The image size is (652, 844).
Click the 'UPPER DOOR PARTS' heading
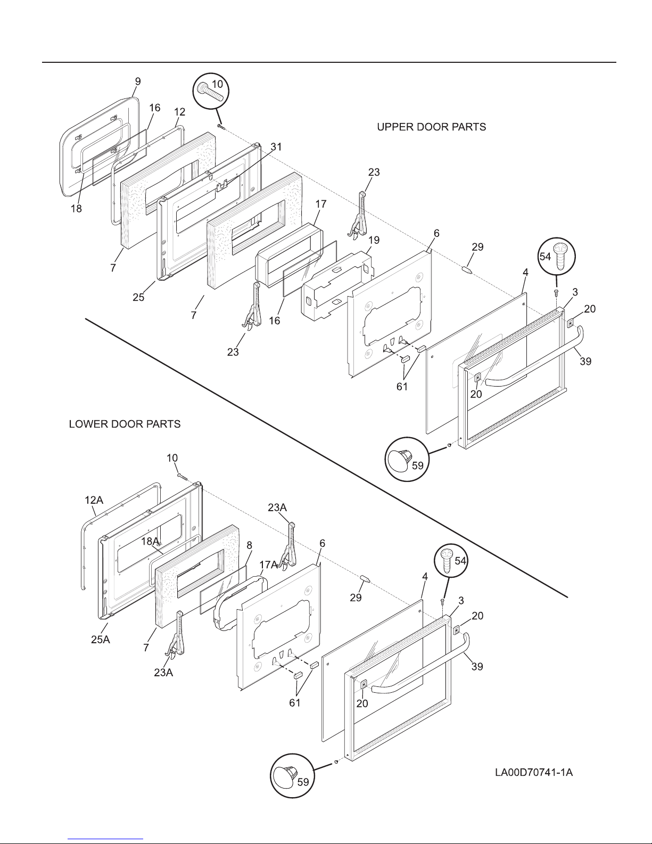(x=431, y=127)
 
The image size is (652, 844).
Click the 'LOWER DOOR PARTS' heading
(x=125, y=424)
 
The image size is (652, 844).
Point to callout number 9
(x=137, y=81)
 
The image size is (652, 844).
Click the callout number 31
(x=276, y=146)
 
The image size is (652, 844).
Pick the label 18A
(x=151, y=541)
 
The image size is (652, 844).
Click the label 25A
(x=100, y=640)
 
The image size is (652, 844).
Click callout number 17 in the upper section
(x=320, y=204)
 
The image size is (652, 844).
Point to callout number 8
(x=249, y=545)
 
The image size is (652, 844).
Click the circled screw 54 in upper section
(x=555, y=258)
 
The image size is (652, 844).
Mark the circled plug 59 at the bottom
(x=291, y=776)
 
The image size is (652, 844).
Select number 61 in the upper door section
(x=402, y=387)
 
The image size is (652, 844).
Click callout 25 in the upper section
(x=138, y=297)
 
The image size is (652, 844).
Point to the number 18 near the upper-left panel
(x=77, y=209)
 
